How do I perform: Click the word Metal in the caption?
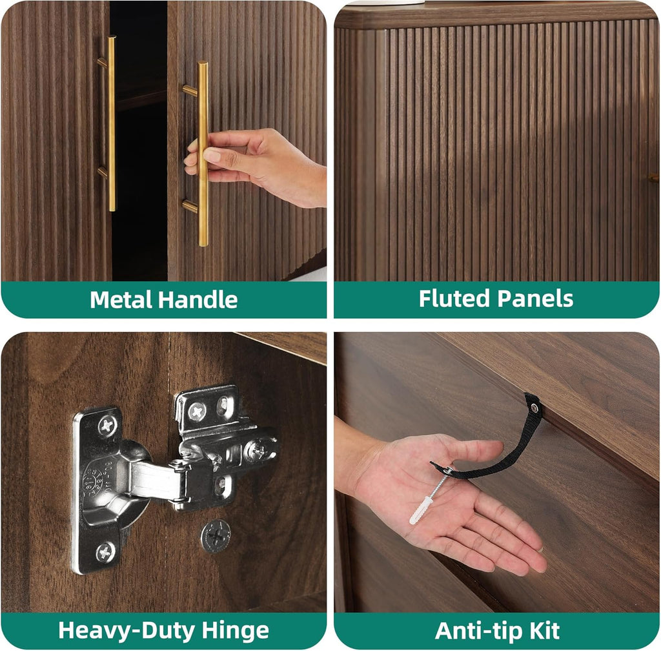click(121, 300)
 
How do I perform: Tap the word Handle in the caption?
click(198, 300)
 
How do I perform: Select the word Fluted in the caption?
click(455, 298)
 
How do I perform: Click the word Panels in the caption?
click(535, 298)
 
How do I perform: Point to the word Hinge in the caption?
click(235, 631)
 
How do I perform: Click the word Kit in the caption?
click(544, 631)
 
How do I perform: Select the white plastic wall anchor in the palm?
click(421, 510)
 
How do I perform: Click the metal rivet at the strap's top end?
click(534, 408)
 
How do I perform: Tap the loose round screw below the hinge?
click(216, 536)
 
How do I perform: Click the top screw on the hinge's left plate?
click(108, 426)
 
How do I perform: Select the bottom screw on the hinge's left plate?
click(105, 552)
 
